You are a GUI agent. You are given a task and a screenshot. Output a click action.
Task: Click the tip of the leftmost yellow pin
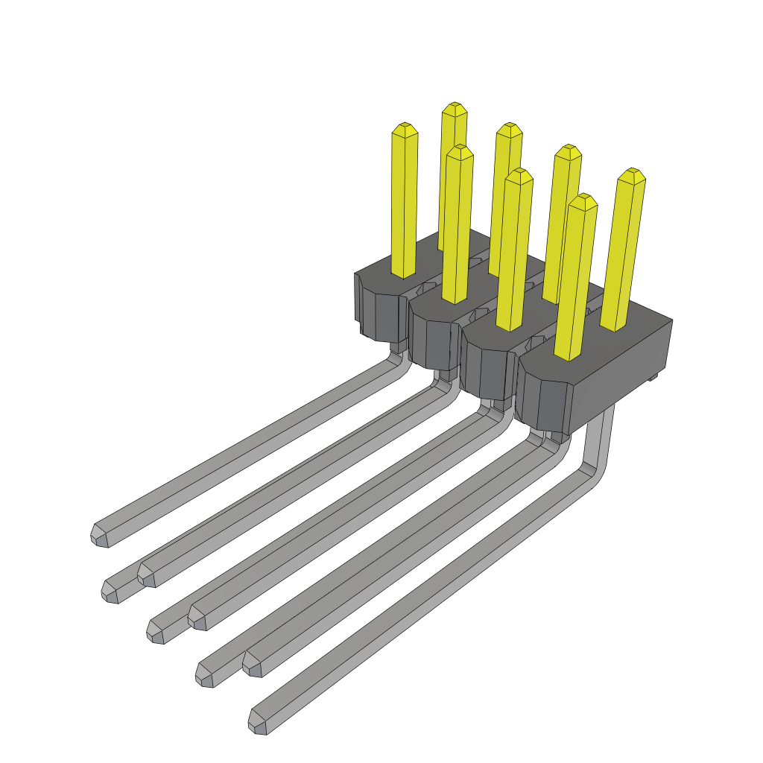[405, 128]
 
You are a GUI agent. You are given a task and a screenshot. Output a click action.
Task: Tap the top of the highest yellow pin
[455, 108]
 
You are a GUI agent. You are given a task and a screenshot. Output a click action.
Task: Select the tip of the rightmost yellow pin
[632, 174]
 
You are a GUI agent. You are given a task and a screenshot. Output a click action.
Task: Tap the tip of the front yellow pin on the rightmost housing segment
[583, 200]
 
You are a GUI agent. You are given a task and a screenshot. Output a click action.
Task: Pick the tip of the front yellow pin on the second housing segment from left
[460, 151]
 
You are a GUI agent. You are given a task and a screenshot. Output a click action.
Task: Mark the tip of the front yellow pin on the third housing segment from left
[519, 174]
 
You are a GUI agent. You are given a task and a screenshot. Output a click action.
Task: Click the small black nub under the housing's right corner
[655, 378]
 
